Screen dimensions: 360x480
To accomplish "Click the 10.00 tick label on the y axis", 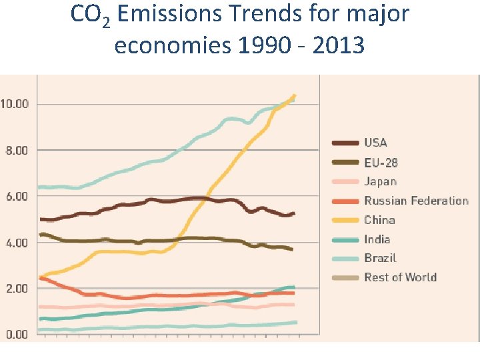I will tap(15, 104).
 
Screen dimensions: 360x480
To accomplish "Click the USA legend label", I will tap(375, 143).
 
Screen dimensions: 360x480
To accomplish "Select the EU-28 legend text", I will tap(381, 162).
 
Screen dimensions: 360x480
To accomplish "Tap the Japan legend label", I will tap(380, 181).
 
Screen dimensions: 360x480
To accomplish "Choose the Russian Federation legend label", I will tap(416, 201).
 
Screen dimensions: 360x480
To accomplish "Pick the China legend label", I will tap(379, 220).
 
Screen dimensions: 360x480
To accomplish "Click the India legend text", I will tap(377, 239).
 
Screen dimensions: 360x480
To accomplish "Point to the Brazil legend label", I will tap(380, 258).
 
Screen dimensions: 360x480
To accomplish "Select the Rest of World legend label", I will tap(400, 277).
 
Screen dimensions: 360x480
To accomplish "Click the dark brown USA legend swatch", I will tap(345, 143).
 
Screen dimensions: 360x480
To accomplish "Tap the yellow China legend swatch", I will tap(345, 220).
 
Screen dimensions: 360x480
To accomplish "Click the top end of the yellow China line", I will tap(294, 96).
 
